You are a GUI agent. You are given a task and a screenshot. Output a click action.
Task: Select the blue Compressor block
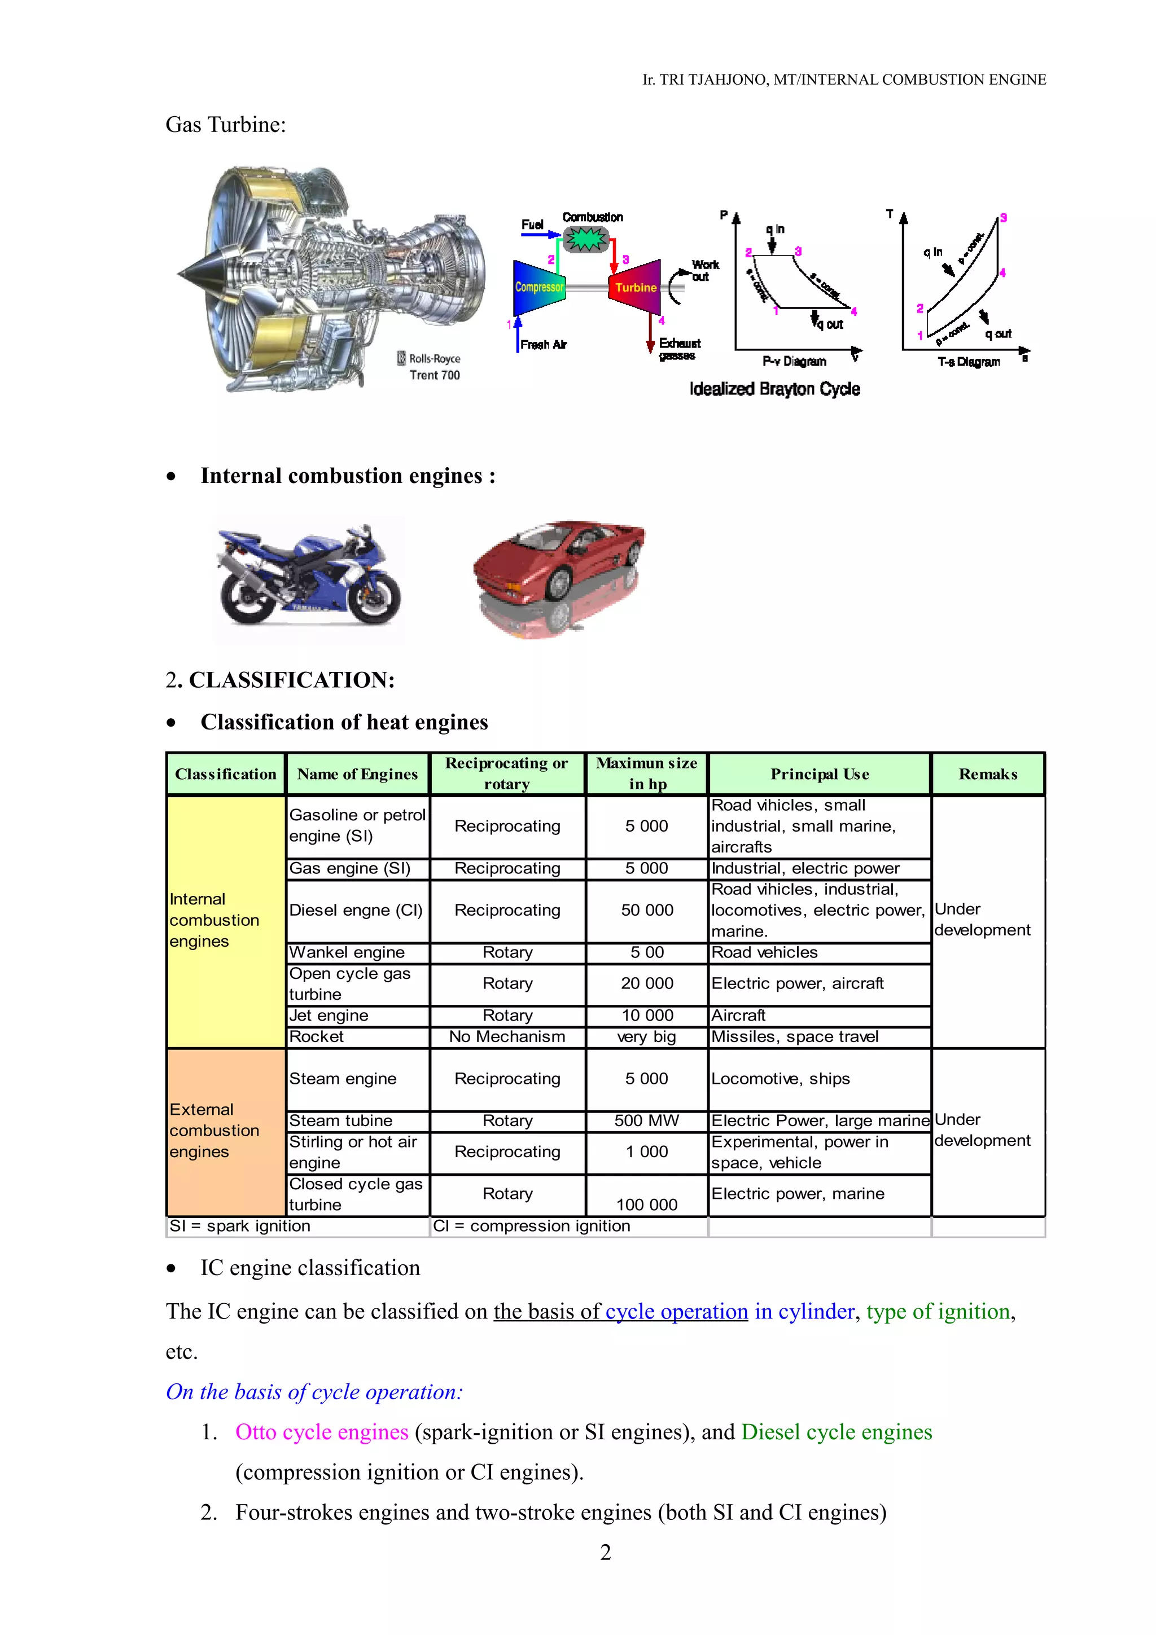[x=539, y=287]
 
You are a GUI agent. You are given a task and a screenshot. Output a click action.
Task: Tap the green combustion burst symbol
[x=586, y=240]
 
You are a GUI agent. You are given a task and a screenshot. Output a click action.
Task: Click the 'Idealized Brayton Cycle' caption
[x=774, y=389]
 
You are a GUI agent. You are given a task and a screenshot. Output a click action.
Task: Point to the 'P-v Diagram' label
[x=794, y=362]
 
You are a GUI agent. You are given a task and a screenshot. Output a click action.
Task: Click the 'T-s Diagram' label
[x=968, y=362]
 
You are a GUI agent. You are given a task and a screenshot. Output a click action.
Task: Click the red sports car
[x=559, y=562]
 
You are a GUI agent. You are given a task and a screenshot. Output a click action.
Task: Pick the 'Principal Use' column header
[x=819, y=774]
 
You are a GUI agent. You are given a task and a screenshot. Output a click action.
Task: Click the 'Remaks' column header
[x=987, y=774]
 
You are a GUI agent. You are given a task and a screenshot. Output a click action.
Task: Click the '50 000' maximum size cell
[x=647, y=911]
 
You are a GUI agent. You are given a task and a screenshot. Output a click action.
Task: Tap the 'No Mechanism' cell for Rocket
[x=507, y=1037]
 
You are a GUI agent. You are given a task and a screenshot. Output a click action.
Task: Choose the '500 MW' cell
[x=647, y=1121]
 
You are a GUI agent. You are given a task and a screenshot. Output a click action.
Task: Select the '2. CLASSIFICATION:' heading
[x=280, y=680]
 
